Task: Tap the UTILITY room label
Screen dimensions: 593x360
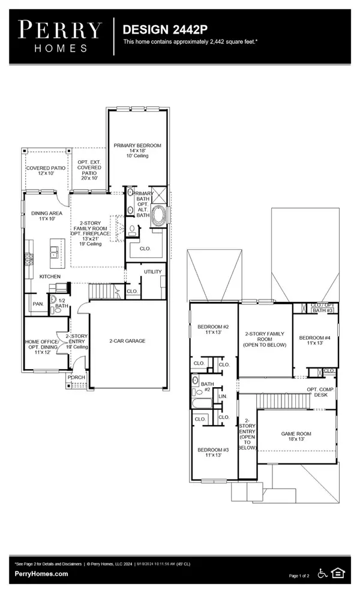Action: click(152, 272)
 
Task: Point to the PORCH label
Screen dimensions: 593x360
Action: click(77, 378)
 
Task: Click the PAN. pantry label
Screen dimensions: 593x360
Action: click(37, 304)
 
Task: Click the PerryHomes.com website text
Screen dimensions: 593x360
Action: click(41, 574)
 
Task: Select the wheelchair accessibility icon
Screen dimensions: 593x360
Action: click(323, 574)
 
